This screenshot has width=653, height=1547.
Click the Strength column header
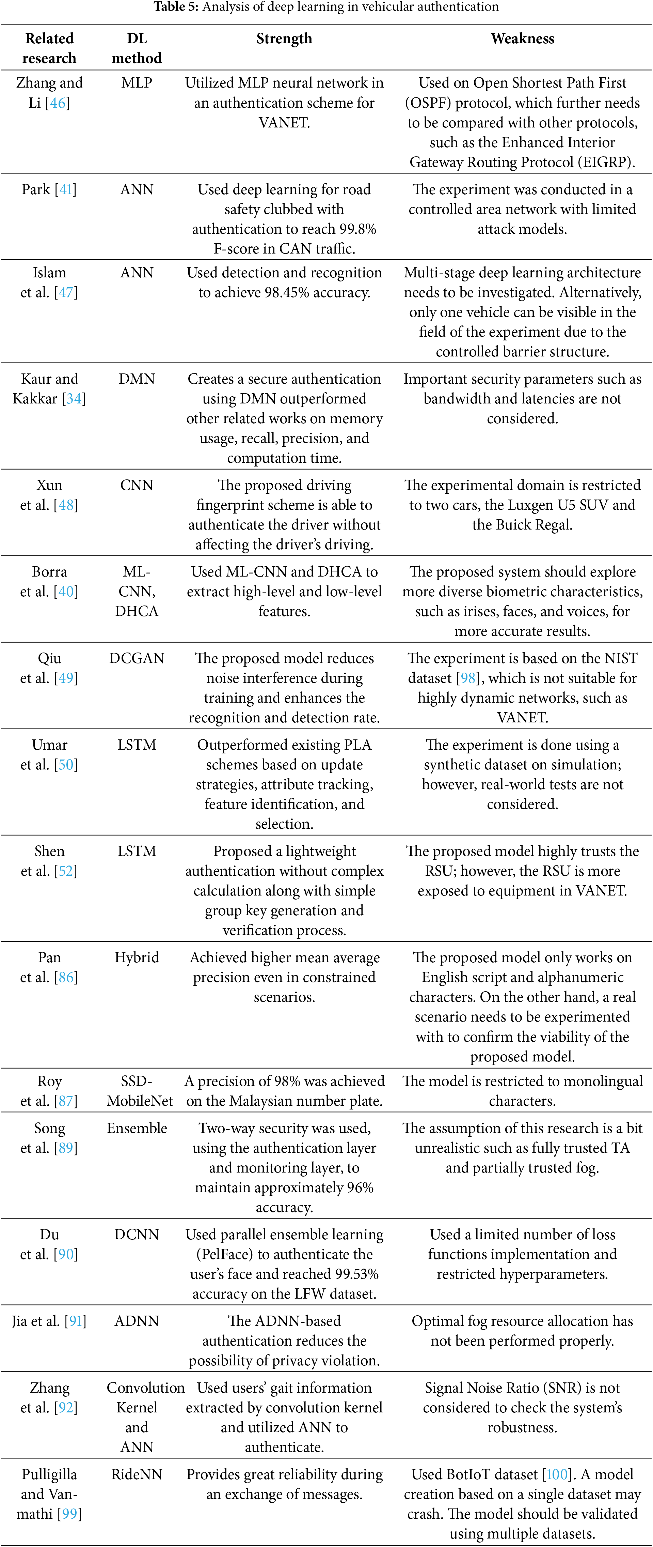(284, 39)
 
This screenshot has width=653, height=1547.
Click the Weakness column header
(522, 39)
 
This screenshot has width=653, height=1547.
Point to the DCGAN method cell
(137, 659)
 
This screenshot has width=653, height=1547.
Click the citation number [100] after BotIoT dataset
(557, 1475)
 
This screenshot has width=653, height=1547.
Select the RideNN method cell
(137, 1475)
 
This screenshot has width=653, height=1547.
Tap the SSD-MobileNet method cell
(139, 1091)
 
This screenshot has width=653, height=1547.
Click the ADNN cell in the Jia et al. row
(137, 1321)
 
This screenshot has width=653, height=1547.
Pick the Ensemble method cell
(137, 1129)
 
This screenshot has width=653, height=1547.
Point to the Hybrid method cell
(137, 958)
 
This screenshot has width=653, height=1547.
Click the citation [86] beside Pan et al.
(66, 978)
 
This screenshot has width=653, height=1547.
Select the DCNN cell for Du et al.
(137, 1235)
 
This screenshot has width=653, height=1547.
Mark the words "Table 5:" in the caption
(176, 7)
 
